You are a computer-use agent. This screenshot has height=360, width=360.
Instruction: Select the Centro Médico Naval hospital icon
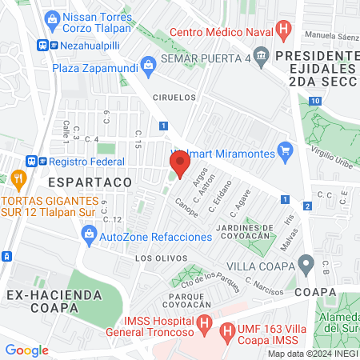283,31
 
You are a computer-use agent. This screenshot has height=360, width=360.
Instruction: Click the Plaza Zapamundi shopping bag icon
147,63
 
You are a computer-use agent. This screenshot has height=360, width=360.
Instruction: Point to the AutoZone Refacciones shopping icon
89,233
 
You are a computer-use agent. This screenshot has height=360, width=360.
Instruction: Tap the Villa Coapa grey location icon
306,263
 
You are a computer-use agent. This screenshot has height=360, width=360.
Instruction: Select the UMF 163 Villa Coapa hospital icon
227,330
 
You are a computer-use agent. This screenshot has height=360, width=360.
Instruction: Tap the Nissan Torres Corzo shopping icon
52,18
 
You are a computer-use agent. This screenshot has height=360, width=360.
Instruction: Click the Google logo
26,350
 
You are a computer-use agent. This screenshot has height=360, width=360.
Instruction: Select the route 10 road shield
317,101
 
